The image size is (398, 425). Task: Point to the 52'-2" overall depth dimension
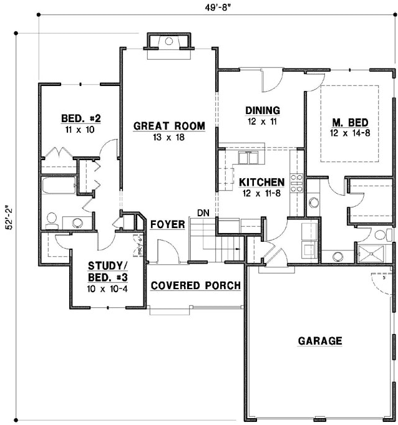pos(8,219)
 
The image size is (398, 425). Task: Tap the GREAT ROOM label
pos(168,126)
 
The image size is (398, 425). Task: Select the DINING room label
pos(262,110)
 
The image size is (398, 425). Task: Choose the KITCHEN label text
pos(262,182)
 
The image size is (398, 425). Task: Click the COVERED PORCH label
pos(196,285)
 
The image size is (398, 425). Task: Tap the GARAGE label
pos(319,341)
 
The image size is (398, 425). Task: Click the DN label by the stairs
pos(203,213)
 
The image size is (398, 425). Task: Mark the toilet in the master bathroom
pos(380,234)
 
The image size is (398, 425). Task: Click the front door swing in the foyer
pos(163,252)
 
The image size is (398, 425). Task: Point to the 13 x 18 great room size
pos(168,137)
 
